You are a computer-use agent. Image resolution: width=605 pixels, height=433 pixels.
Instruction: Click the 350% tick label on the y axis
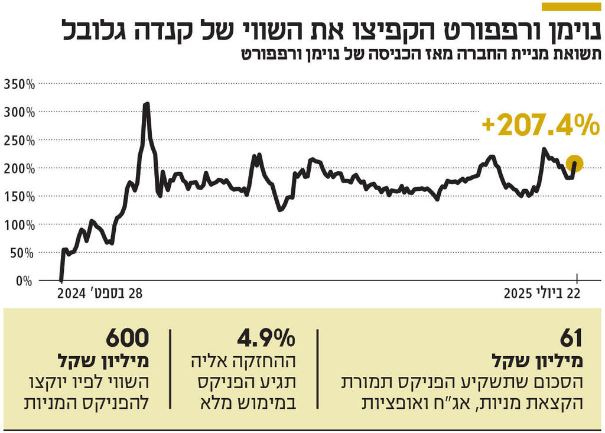tap(19, 84)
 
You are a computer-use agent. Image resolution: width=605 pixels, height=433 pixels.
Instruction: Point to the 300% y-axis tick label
tap(19, 112)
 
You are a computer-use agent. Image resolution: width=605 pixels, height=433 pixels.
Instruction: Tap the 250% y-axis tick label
tap(19, 140)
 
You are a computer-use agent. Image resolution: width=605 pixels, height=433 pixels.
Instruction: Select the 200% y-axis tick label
tap(19, 168)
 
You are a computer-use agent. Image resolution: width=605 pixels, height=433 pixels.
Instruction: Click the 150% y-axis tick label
tap(19, 197)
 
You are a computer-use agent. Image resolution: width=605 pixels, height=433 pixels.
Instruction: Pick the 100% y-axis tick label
tap(19, 225)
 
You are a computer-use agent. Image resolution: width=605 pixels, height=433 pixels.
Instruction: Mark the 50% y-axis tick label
tap(21, 253)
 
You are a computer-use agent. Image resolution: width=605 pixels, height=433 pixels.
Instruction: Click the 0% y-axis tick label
tap(24, 281)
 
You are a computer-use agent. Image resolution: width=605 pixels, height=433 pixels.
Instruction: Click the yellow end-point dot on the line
tap(574, 164)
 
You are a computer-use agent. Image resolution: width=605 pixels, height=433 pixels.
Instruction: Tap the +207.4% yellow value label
tap(540, 125)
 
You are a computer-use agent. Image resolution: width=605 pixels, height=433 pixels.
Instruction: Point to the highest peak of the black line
tap(147, 104)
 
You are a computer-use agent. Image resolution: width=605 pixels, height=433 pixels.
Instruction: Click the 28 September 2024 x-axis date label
tap(101, 294)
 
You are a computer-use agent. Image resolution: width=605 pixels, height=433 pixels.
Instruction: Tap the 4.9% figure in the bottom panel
tap(266, 338)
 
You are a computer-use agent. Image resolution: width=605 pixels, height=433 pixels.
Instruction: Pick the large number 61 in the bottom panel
tap(571, 338)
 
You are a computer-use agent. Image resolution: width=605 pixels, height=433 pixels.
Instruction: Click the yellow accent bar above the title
tap(571, 6)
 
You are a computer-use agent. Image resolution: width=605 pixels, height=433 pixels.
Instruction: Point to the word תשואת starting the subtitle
tap(581, 54)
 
